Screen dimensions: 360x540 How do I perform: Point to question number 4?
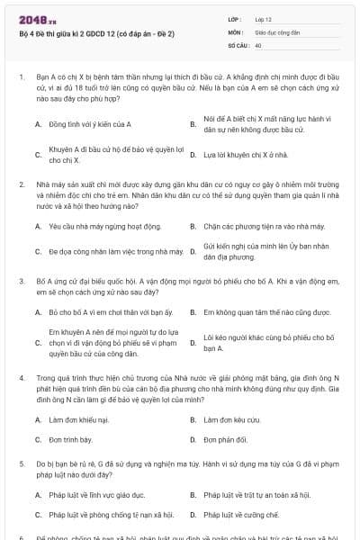pos(21,379)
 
